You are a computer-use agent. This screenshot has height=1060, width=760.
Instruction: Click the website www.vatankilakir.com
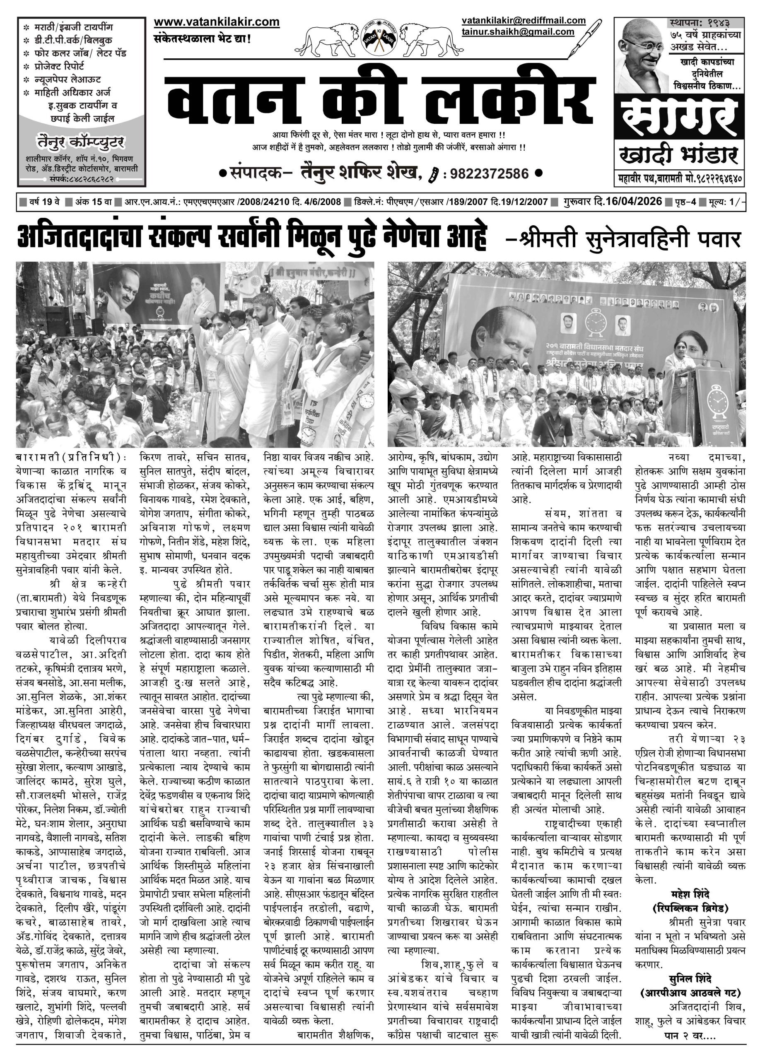click(x=217, y=22)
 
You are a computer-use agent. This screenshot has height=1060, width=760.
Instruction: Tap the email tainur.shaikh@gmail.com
click(x=517, y=32)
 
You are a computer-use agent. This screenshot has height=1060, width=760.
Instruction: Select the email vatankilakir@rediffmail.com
click(x=523, y=21)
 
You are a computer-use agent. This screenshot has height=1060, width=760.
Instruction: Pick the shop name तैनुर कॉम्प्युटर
click(x=81, y=142)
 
